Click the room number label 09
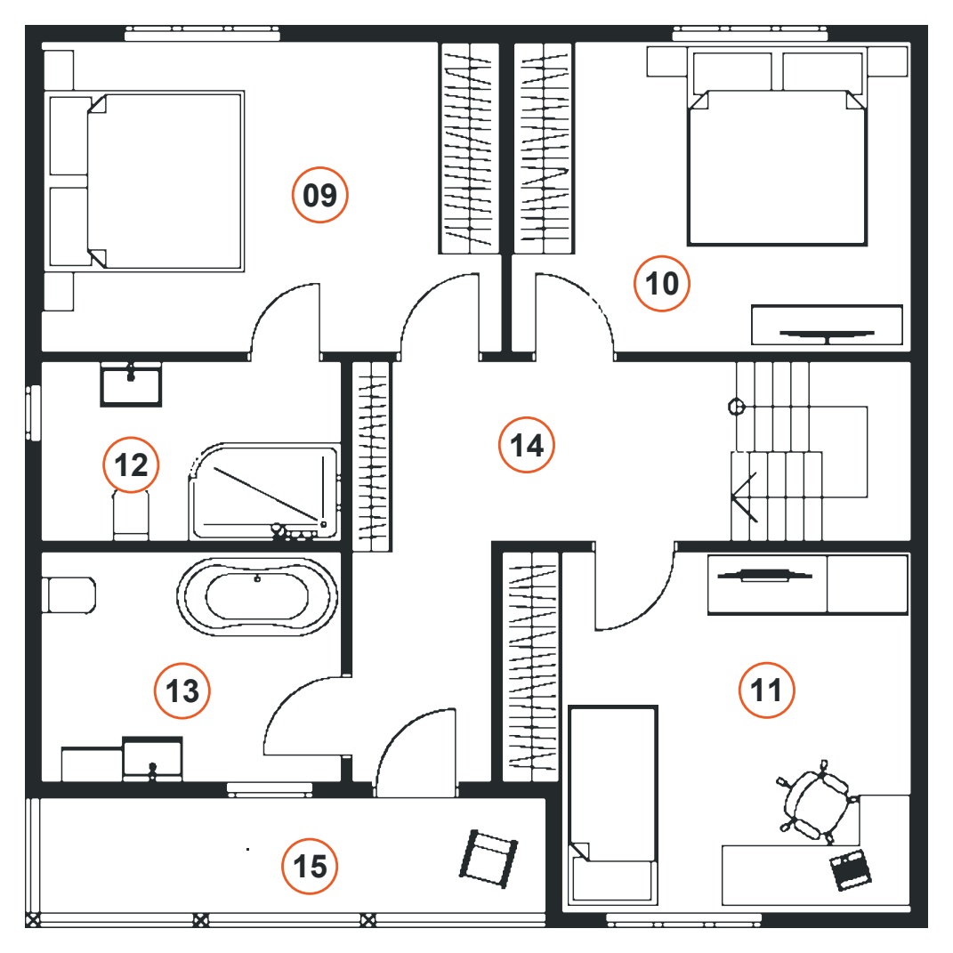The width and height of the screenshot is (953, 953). pos(319,195)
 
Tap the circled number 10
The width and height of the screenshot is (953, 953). pos(662,284)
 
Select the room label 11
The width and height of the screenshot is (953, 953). pos(766,691)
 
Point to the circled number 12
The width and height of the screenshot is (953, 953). pos(131,465)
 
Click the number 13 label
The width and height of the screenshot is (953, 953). pos(182,691)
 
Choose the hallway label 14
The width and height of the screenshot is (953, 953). pos(527,446)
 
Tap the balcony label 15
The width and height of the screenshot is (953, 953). pos(310,867)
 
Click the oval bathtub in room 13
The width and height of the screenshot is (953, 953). pos(257,597)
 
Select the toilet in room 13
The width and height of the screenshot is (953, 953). pos(69,595)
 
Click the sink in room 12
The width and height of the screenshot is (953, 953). pos(131,384)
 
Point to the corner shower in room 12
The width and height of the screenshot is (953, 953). pos(264,492)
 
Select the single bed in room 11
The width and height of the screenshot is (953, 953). pos(612,804)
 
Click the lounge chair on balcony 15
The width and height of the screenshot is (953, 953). pos(488,859)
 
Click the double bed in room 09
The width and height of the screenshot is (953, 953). pos(145,182)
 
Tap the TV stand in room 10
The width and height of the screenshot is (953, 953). pos(827,325)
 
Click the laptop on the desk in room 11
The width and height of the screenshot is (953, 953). pos(851,870)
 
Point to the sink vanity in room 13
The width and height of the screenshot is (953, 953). pos(122,759)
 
